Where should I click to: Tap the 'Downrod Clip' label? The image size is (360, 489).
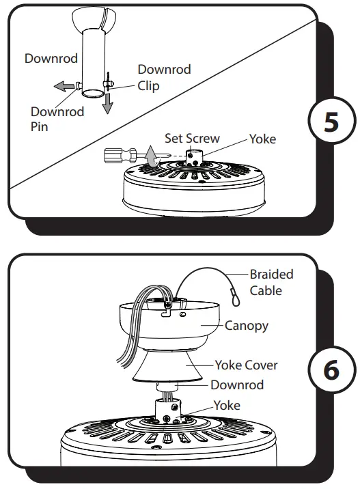click(164, 78)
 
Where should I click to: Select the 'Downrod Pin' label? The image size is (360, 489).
click(57, 119)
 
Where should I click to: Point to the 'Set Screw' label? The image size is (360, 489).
click(192, 139)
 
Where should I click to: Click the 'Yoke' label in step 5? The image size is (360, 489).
click(262, 139)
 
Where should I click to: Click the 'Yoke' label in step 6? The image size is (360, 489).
click(227, 405)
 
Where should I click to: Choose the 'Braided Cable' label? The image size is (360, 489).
click(271, 282)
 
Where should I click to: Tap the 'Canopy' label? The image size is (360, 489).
click(247, 326)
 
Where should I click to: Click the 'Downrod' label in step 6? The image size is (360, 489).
click(237, 385)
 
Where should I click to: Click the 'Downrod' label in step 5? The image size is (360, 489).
click(51, 58)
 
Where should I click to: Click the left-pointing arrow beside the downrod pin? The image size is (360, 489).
click(65, 87)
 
